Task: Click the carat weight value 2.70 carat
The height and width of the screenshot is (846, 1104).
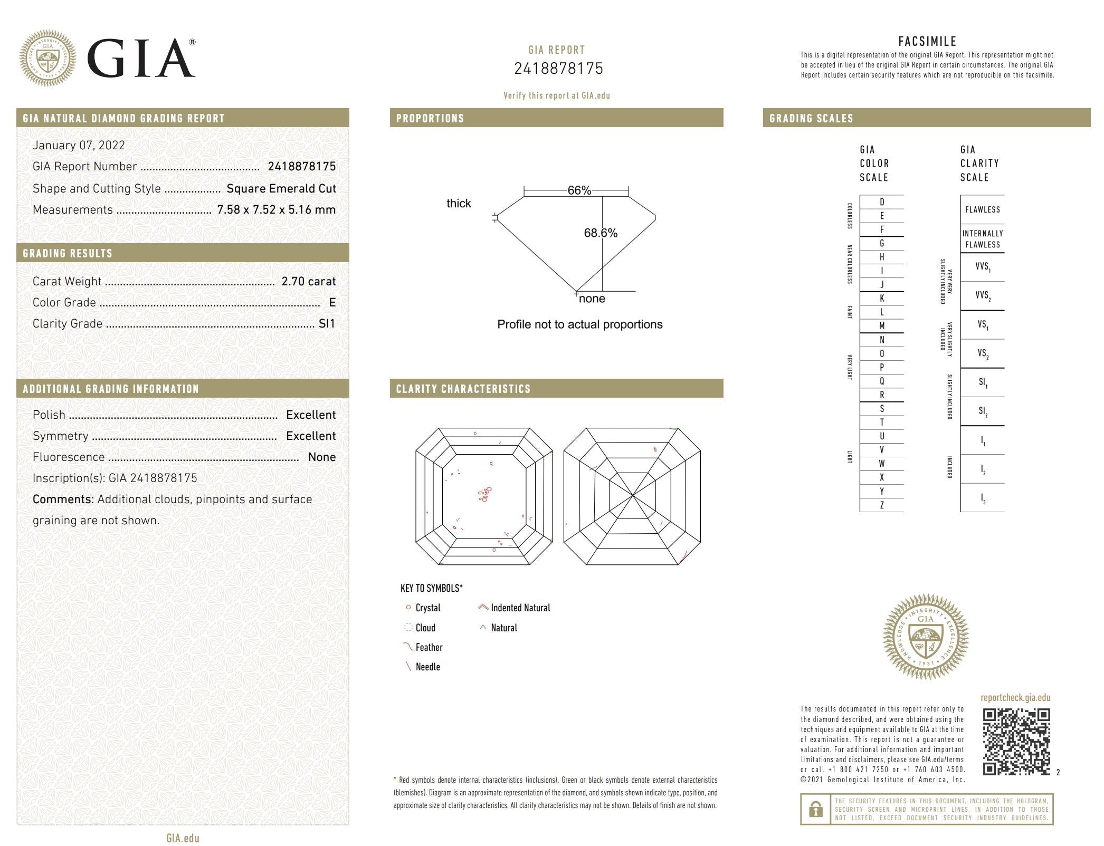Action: coord(308,281)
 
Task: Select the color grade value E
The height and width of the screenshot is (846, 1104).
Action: coord(332,302)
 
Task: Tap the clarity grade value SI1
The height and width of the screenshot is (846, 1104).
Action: coord(327,323)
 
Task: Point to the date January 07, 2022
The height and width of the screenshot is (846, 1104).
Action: coord(79,145)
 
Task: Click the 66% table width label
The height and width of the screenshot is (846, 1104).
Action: coord(579,190)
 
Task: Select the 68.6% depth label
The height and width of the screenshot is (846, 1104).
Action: coord(600,233)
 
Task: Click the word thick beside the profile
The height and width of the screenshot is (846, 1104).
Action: coord(458,203)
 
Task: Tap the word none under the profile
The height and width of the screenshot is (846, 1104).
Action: coord(592,299)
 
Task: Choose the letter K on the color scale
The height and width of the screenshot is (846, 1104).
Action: coord(881,298)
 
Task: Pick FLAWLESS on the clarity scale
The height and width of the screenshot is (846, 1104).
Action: coord(982,209)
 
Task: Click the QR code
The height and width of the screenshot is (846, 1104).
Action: coord(1016,742)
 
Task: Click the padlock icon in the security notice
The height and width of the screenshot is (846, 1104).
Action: coord(815,809)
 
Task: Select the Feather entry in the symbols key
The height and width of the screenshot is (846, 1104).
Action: coord(429,647)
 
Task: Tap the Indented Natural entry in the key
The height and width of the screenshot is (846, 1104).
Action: coord(520,608)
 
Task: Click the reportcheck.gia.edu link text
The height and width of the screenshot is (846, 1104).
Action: coord(1015,697)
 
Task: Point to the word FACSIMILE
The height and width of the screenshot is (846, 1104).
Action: coord(927,41)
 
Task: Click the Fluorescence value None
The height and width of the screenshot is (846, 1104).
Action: coord(321,457)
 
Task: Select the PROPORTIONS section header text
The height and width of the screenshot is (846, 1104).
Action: coord(430,118)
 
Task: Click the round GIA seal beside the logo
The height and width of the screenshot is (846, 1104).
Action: coord(47,58)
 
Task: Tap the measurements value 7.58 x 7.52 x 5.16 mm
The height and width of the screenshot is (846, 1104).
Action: coord(276,209)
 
